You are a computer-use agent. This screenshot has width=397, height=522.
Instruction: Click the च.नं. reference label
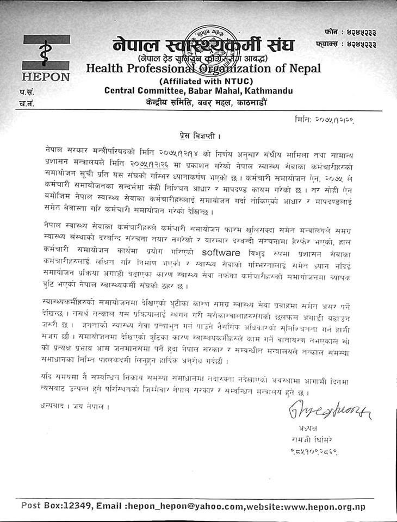click(26, 104)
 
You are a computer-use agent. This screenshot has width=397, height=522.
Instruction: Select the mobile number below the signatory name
click(309, 451)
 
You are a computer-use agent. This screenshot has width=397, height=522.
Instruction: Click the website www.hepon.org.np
click(324, 505)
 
